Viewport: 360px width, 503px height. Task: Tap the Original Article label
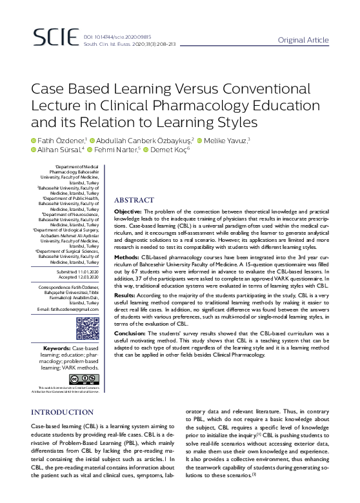303,40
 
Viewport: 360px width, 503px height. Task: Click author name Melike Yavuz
228,141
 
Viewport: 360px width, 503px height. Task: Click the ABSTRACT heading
134,200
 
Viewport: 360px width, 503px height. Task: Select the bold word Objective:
134,212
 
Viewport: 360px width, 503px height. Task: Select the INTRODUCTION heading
63,411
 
